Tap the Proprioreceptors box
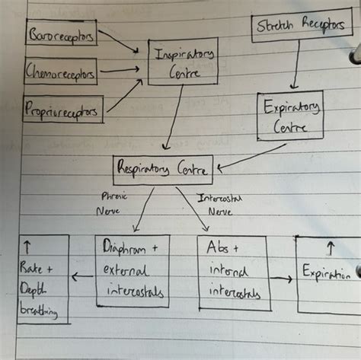[63, 110]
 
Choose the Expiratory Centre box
[289, 116]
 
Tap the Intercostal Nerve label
[220, 203]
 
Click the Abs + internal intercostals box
[232, 272]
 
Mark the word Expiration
[326, 274]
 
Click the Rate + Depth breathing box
[43, 279]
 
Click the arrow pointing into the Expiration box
[282, 279]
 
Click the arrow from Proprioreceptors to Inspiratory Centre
[124, 94]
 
